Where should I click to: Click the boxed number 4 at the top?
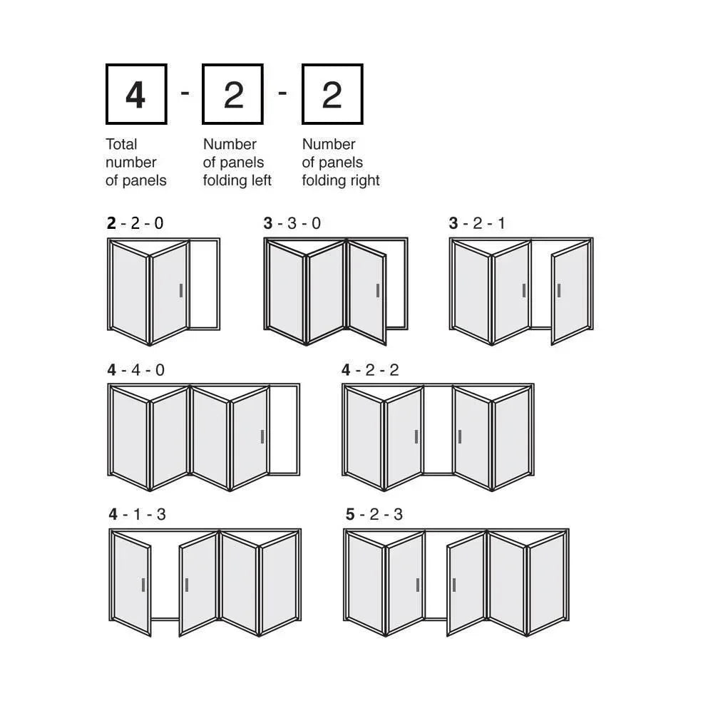click(x=136, y=94)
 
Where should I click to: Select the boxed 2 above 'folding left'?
click(x=233, y=94)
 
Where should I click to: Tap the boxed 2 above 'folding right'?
click(x=332, y=94)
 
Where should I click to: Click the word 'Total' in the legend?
click(x=121, y=144)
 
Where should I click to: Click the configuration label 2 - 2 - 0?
click(x=135, y=223)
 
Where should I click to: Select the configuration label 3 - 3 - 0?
click(x=292, y=223)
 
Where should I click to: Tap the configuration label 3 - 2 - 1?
click(x=477, y=223)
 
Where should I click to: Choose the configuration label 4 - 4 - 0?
click(x=136, y=370)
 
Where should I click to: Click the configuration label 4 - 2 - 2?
click(x=370, y=370)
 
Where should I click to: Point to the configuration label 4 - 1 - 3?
click(x=138, y=514)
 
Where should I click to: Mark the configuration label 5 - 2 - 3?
click(x=374, y=514)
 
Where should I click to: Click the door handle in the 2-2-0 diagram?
click(x=181, y=291)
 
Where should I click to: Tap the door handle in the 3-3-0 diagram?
click(x=378, y=291)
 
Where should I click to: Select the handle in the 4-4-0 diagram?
click(x=262, y=437)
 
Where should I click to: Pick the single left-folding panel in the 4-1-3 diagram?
click(x=131, y=585)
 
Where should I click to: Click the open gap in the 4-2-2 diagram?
click(x=438, y=430)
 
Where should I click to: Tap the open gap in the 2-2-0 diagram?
click(x=204, y=284)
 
